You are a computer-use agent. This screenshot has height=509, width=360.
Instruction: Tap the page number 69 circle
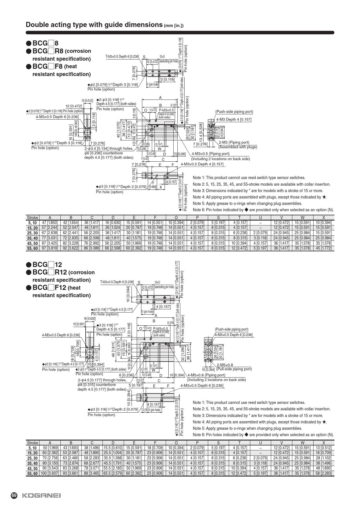(14, 495)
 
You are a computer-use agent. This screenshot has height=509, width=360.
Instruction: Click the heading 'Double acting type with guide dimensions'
(94, 25)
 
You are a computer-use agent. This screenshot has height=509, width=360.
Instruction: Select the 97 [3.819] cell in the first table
(50, 248)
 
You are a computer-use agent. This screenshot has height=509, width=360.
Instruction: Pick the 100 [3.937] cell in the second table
(50, 473)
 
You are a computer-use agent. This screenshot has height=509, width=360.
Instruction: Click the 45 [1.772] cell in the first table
(323, 248)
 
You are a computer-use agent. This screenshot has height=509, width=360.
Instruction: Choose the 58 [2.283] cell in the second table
(323, 473)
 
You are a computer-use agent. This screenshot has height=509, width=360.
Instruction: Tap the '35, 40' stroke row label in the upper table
(33, 238)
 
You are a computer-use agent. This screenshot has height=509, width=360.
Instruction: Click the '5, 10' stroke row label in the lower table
(33, 448)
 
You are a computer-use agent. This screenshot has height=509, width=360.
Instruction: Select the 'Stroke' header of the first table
(33, 218)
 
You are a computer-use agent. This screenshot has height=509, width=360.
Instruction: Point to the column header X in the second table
(323, 443)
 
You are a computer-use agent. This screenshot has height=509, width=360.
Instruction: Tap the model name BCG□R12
(50, 272)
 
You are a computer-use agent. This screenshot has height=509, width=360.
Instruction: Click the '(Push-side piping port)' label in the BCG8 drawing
(234, 112)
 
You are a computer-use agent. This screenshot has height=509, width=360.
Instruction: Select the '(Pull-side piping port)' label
(234, 369)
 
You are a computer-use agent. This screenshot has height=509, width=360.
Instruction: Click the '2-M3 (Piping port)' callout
(234, 142)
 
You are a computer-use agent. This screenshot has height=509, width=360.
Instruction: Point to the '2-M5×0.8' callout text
(225, 365)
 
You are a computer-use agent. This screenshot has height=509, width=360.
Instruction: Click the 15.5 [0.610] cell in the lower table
(113, 448)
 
